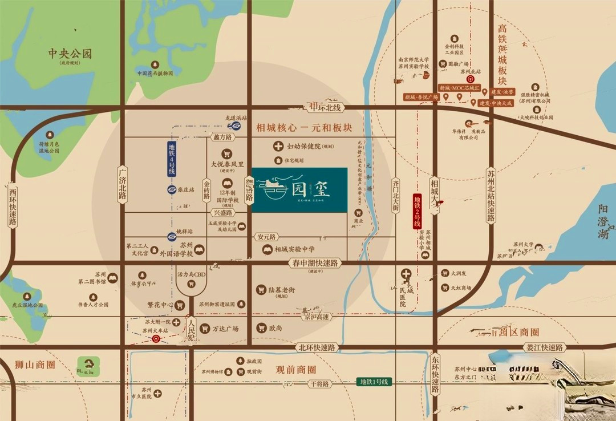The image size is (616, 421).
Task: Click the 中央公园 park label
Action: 70,54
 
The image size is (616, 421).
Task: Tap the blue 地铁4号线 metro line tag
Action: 172,159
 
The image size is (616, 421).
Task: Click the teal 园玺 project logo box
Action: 299,191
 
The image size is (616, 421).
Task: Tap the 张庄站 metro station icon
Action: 172,189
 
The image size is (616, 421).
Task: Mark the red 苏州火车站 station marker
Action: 156,338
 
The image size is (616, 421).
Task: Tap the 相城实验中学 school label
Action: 294,249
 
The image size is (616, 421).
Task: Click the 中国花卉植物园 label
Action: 155,74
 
